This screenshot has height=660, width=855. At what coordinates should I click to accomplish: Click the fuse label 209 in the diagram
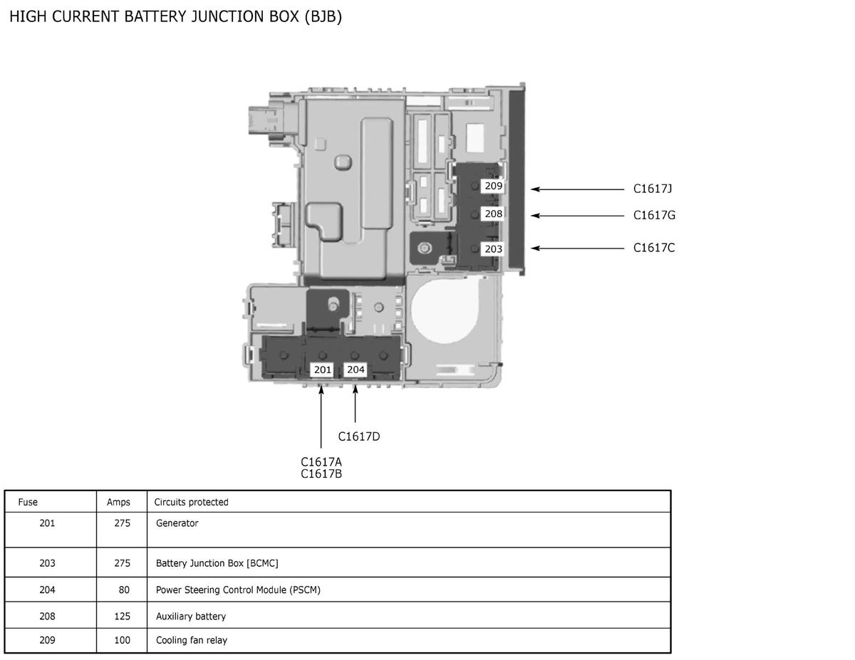click(x=493, y=186)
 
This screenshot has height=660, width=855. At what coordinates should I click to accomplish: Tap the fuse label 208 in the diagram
click(x=493, y=214)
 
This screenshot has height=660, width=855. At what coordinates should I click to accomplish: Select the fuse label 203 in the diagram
click(x=493, y=248)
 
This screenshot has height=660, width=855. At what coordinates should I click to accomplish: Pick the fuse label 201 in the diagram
click(x=322, y=370)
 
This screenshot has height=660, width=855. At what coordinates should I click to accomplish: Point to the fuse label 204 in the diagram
click(x=356, y=370)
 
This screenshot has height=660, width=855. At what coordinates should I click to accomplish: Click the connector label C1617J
click(x=653, y=189)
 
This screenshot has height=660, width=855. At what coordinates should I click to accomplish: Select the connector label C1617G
click(x=654, y=216)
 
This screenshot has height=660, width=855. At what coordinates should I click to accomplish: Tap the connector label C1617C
click(x=653, y=248)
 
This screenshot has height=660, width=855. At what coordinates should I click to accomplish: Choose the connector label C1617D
click(x=359, y=436)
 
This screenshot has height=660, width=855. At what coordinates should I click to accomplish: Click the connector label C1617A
click(x=321, y=462)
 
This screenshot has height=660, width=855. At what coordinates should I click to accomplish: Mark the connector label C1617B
click(x=321, y=474)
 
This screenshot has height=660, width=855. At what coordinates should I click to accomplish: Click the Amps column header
click(x=118, y=503)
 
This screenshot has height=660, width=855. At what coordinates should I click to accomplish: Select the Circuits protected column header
click(x=191, y=502)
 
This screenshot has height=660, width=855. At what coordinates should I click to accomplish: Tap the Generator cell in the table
click(x=177, y=523)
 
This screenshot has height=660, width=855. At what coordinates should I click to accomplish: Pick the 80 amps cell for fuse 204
click(x=124, y=590)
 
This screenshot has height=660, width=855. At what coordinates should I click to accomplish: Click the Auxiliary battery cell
click(x=191, y=617)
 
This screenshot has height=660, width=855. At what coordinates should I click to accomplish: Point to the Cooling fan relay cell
click(x=192, y=640)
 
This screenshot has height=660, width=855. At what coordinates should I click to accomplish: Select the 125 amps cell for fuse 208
click(x=123, y=617)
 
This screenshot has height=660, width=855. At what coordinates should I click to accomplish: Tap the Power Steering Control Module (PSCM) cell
click(x=238, y=590)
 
